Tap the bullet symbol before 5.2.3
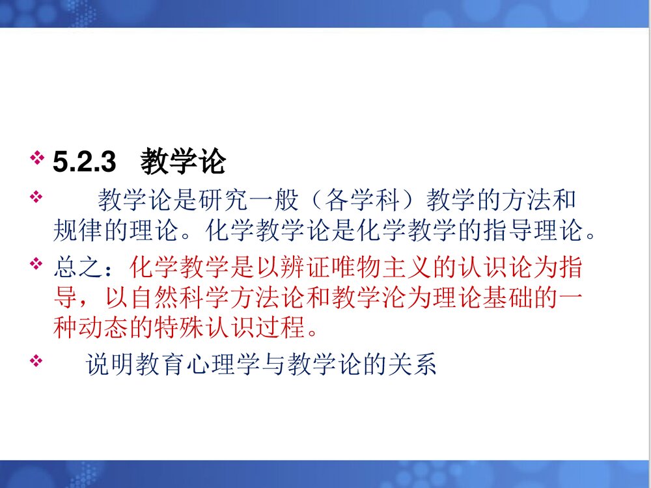pos(37,157)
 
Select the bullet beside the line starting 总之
pos(37,263)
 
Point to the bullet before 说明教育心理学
pos(37,359)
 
